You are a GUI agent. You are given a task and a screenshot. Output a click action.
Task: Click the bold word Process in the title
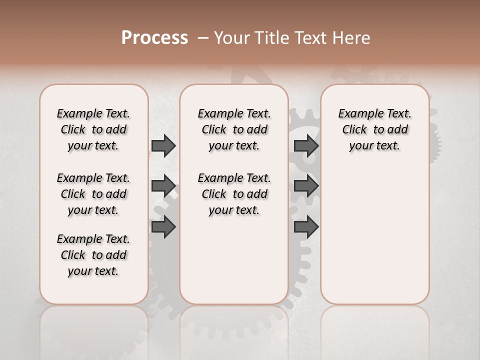(x=154, y=38)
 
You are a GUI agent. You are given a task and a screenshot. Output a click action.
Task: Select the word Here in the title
(x=350, y=38)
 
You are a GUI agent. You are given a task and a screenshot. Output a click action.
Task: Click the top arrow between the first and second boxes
(x=163, y=145)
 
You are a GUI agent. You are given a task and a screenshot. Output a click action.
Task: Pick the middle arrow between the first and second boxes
(x=163, y=186)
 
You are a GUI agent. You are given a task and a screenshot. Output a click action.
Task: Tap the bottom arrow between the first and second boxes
(x=163, y=226)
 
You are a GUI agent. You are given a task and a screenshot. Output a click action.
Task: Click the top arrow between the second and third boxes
(x=306, y=145)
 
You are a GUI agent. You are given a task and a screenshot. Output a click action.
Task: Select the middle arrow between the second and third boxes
(x=306, y=186)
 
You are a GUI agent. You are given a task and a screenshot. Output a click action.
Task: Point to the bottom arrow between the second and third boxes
(x=306, y=226)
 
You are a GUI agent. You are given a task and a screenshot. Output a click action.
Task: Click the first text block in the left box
(x=93, y=129)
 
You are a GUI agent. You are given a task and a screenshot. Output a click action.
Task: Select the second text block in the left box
(x=93, y=194)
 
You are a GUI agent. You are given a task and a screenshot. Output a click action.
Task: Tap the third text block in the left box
(x=93, y=255)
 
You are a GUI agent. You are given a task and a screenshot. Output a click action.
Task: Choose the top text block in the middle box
(x=234, y=129)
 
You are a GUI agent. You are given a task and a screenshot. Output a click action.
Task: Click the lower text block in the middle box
(x=234, y=194)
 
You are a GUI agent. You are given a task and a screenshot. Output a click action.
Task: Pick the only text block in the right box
(x=375, y=129)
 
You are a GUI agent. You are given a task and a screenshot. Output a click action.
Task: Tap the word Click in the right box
(x=354, y=130)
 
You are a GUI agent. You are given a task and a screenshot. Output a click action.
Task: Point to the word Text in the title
(x=309, y=38)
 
